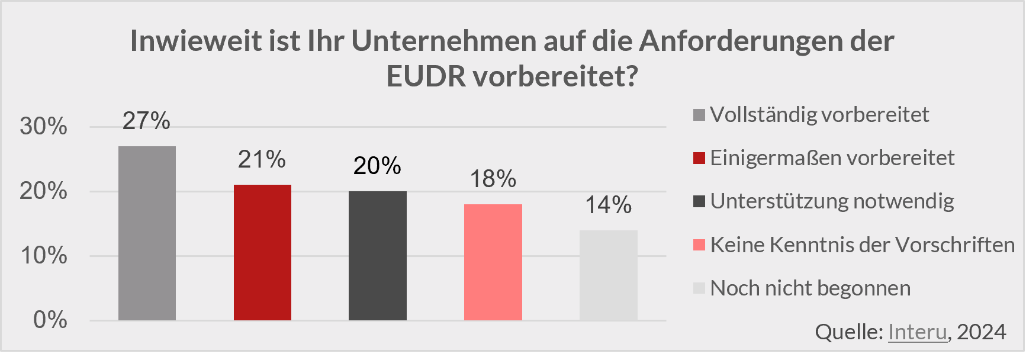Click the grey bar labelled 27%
[147, 233]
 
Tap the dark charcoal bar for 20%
[378, 256]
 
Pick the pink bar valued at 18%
[493, 262]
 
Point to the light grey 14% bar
[608, 275]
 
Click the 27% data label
[146, 121]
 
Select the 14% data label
[608, 205]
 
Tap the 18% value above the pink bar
[493, 179]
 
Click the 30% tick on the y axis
[43, 126]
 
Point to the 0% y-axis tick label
[50, 320]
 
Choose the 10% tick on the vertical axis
[43, 256]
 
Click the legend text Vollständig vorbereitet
[819, 114]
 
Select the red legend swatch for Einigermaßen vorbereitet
[699, 158]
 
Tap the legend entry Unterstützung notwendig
[832, 201]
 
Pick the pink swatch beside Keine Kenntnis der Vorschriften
[699, 245]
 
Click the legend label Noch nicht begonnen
[810, 288]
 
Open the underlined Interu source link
[917, 332]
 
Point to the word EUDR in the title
[426, 76]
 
